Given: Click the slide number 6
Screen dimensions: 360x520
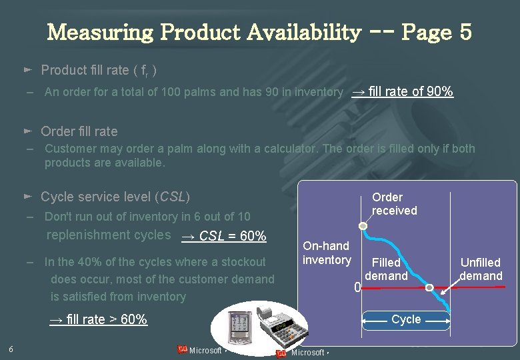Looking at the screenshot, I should coord(11,349).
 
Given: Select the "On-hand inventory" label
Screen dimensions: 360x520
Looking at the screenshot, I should coord(327,253).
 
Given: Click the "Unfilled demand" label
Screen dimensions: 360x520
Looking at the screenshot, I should coord(481,269).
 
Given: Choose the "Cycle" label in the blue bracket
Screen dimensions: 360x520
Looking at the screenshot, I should coord(406,319).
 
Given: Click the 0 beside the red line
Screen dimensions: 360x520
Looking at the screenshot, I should coord(357,288).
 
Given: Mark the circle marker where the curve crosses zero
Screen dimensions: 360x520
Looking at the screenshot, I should coord(429,288).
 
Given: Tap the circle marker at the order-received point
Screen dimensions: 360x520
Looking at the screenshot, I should coord(363,227).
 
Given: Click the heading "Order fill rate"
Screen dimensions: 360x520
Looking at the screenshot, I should coord(79,131).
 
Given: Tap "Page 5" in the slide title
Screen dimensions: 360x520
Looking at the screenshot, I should coord(437,31).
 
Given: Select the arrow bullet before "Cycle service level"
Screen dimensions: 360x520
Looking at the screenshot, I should coord(27,197).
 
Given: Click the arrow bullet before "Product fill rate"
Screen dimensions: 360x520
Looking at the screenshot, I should coord(27,69).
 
